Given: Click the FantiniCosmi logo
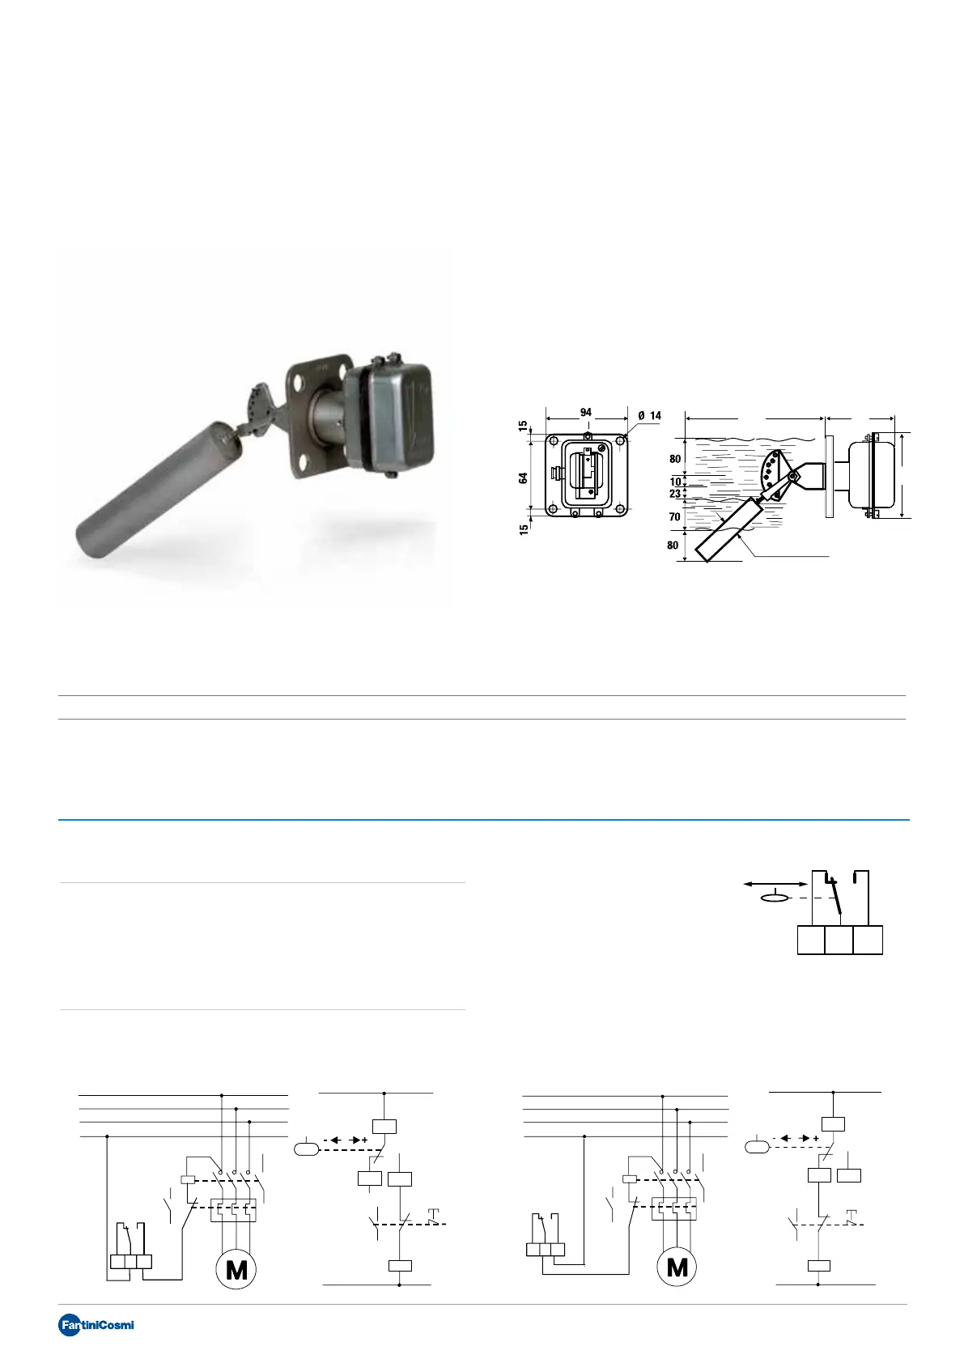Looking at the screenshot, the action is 96,1325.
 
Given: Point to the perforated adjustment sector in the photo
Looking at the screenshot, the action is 258,405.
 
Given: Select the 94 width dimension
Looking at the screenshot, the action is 585,412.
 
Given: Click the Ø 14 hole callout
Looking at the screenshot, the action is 649,415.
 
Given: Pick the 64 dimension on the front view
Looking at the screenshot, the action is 524,478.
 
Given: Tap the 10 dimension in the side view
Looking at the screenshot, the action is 675,482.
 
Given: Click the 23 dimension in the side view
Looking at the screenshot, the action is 675,494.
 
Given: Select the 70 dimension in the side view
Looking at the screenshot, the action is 674,516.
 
